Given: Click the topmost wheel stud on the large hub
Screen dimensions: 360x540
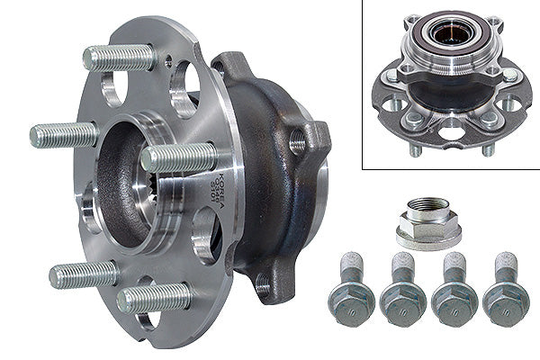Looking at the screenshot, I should coord(120,57).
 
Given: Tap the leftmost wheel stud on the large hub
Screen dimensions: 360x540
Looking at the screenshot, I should coord(63,135).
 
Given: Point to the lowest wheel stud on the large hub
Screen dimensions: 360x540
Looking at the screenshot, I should coord(153,298).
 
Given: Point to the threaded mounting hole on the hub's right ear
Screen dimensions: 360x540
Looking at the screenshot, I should coord(298,139).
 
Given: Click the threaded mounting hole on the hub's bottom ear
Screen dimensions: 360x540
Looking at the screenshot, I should coord(263,287).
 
